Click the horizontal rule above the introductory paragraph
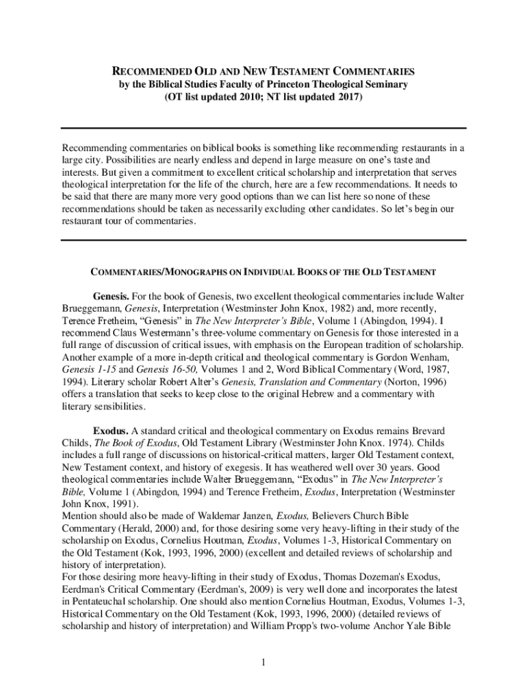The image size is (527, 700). pos(263,128)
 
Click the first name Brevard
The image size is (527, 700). pos(426,431)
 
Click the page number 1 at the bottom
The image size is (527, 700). pos(263,662)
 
